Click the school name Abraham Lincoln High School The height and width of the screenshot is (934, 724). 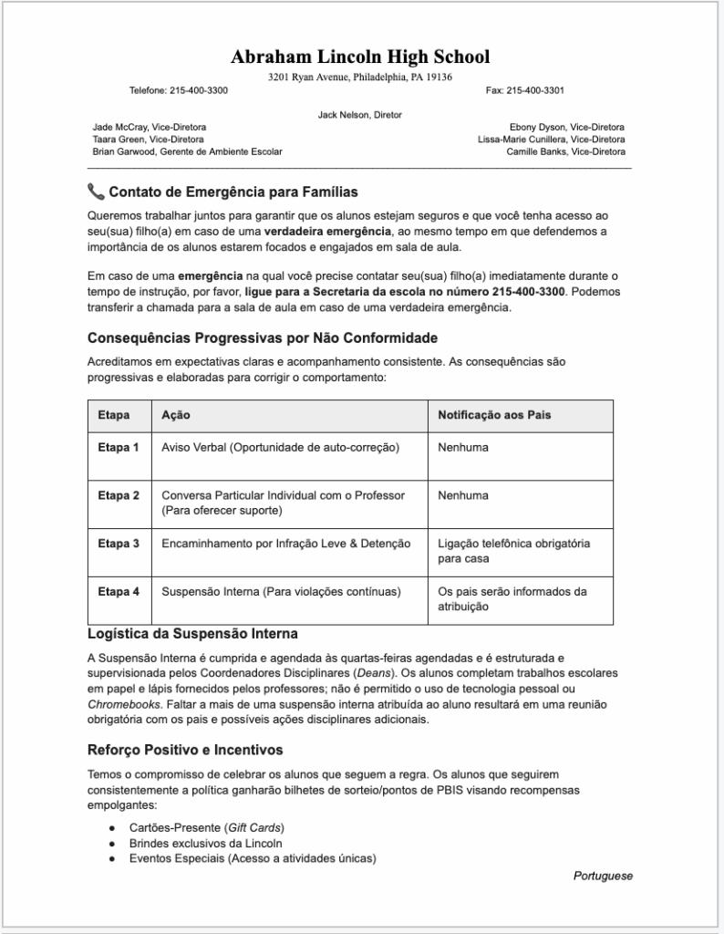360,57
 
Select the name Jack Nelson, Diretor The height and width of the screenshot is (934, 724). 360,115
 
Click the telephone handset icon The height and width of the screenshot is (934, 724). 96,192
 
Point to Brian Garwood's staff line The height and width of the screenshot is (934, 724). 187,151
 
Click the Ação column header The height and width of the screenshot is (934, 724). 176,415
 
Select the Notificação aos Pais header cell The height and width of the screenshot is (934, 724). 494,415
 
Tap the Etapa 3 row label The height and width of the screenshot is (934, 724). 119,544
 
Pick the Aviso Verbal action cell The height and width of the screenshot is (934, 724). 281,448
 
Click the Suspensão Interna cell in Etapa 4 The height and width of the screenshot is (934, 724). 281,592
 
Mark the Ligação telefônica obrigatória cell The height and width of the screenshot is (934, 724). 513,551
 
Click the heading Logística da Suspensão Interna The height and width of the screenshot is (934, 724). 192,633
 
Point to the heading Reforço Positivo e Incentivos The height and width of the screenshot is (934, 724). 185,750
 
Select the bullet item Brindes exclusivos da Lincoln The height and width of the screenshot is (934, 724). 205,843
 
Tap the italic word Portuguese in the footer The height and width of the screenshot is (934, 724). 603,876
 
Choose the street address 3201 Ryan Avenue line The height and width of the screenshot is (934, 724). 360,78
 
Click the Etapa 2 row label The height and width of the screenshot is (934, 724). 119,495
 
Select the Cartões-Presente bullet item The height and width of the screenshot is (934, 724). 206,827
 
